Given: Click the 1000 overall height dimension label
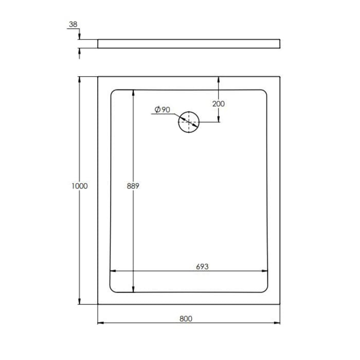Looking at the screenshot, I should (x=80, y=186).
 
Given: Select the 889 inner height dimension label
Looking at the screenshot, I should (x=133, y=186).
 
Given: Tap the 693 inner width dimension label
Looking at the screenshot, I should (x=202, y=266).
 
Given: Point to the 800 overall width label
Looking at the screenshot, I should (x=186, y=318).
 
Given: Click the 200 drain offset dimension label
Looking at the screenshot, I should (x=219, y=103).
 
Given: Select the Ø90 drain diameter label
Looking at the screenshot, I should (x=162, y=110).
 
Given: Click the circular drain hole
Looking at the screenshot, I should (x=189, y=122).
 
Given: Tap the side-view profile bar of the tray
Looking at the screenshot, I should (x=189, y=43).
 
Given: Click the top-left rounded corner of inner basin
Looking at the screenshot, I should (x=113, y=93).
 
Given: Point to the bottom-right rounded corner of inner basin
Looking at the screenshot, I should (x=265, y=289).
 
